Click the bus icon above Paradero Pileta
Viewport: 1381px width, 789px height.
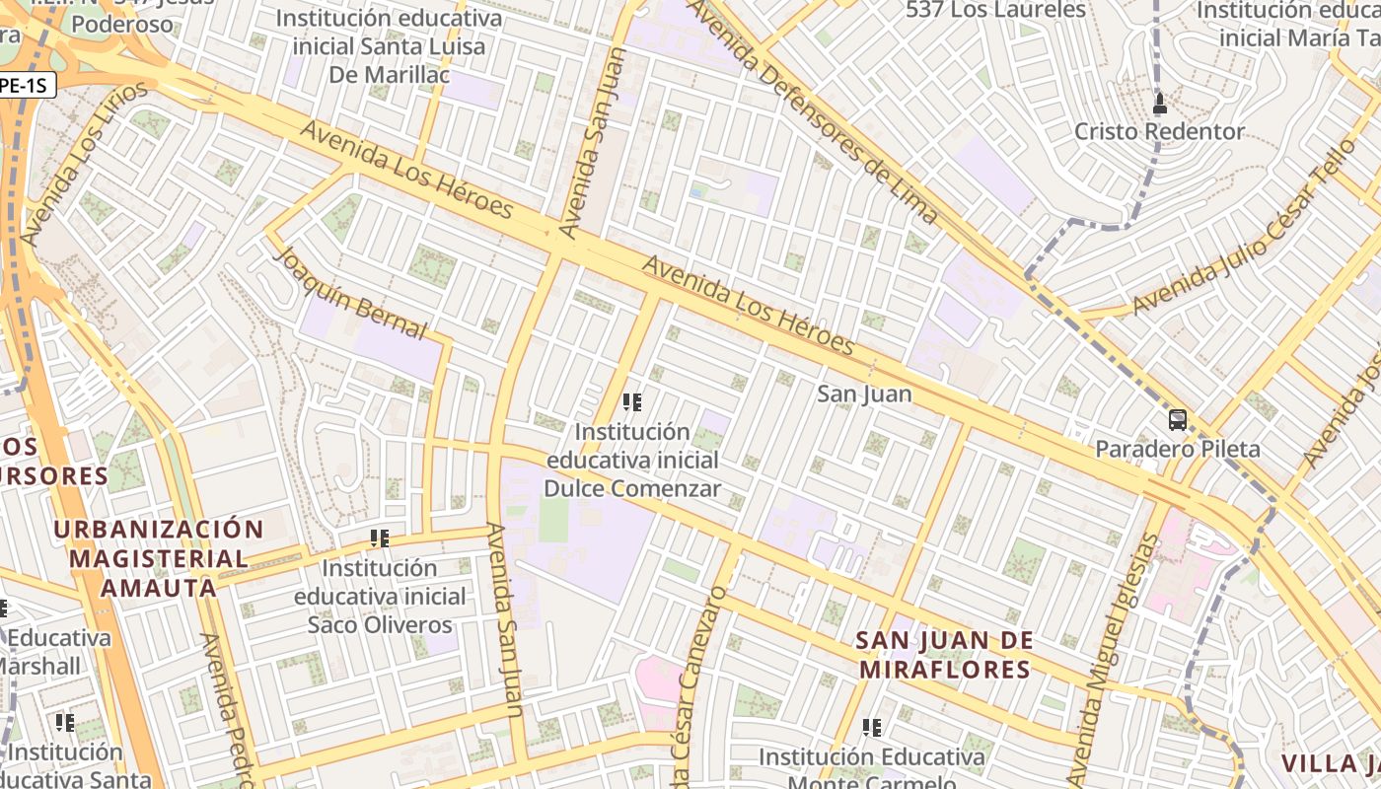click(x=1178, y=420)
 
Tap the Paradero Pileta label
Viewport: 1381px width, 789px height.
click(x=1178, y=450)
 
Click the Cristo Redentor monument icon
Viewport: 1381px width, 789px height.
click(x=1160, y=103)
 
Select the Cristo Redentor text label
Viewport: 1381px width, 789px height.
click(x=1160, y=131)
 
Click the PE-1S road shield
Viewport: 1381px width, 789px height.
click(x=24, y=86)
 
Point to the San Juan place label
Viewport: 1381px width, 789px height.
click(x=864, y=394)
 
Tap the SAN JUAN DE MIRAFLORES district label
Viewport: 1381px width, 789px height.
click(x=944, y=655)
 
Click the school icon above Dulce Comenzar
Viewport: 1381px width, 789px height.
click(x=632, y=402)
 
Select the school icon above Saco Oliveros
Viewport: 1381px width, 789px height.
click(x=380, y=538)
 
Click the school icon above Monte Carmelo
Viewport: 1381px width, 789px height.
click(x=871, y=728)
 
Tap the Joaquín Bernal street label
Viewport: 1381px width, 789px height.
click(x=350, y=293)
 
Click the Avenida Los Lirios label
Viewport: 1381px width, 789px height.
click(x=85, y=163)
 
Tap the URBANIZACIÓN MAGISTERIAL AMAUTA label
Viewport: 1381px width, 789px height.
click(x=159, y=558)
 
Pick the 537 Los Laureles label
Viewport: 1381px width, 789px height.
click(x=995, y=10)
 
